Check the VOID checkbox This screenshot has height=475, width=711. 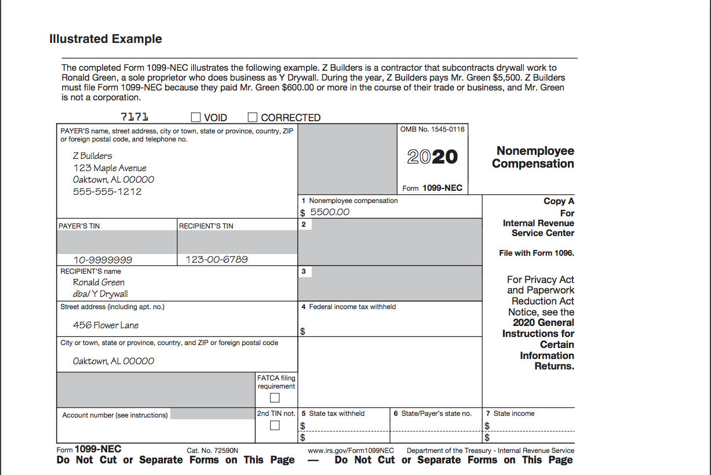point(196,117)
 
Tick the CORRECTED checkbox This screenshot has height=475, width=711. point(253,117)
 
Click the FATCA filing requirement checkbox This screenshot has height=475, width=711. point(275,398)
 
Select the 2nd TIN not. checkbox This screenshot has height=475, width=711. point(275,426)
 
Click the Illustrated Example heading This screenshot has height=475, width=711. point(105,39)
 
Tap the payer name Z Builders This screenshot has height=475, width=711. point(93,155)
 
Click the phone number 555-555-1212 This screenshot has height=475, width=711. point(107,191)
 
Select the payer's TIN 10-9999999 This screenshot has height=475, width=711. point(103,260)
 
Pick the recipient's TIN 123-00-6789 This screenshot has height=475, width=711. point(216,259)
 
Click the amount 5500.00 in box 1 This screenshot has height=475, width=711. point(330,212)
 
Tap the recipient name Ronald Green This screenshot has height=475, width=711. point(99,282)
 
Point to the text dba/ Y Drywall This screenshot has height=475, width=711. point(100,294)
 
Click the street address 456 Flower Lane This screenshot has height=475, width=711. point(106,325)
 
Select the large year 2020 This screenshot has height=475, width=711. point(432,157)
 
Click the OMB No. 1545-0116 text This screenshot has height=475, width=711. point(432,129)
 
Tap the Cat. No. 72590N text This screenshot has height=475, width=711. point(213,451)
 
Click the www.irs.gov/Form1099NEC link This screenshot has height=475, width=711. point(351,451)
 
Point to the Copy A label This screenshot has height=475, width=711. point(559,201)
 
